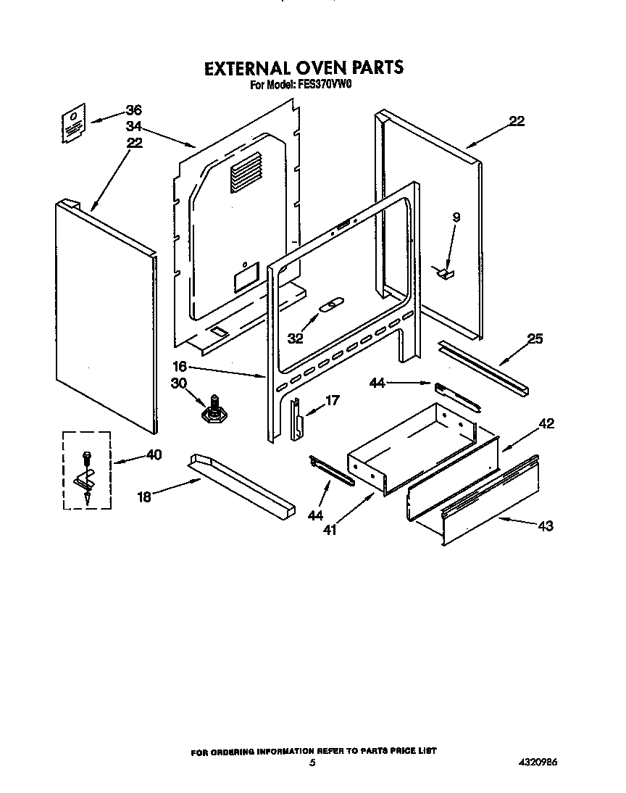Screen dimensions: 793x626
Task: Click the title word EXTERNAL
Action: coord(244,68)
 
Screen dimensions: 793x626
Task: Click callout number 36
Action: coord(133,110)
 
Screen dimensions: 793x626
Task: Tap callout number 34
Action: coord(133,126)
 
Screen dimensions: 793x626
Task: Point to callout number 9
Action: coord(456,217)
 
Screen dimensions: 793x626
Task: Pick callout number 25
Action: coord(535,338)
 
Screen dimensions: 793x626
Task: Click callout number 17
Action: coord(332,399)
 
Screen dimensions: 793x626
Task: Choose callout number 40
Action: coord(154,454)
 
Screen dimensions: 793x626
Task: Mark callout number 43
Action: coord(546,526)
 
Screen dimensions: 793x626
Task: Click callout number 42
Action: coord(546,424)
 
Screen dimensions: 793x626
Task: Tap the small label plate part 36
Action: coord(72,123)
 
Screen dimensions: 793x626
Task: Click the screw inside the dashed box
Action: coord(87,458)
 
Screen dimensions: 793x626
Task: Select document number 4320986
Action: coord(538,763)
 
